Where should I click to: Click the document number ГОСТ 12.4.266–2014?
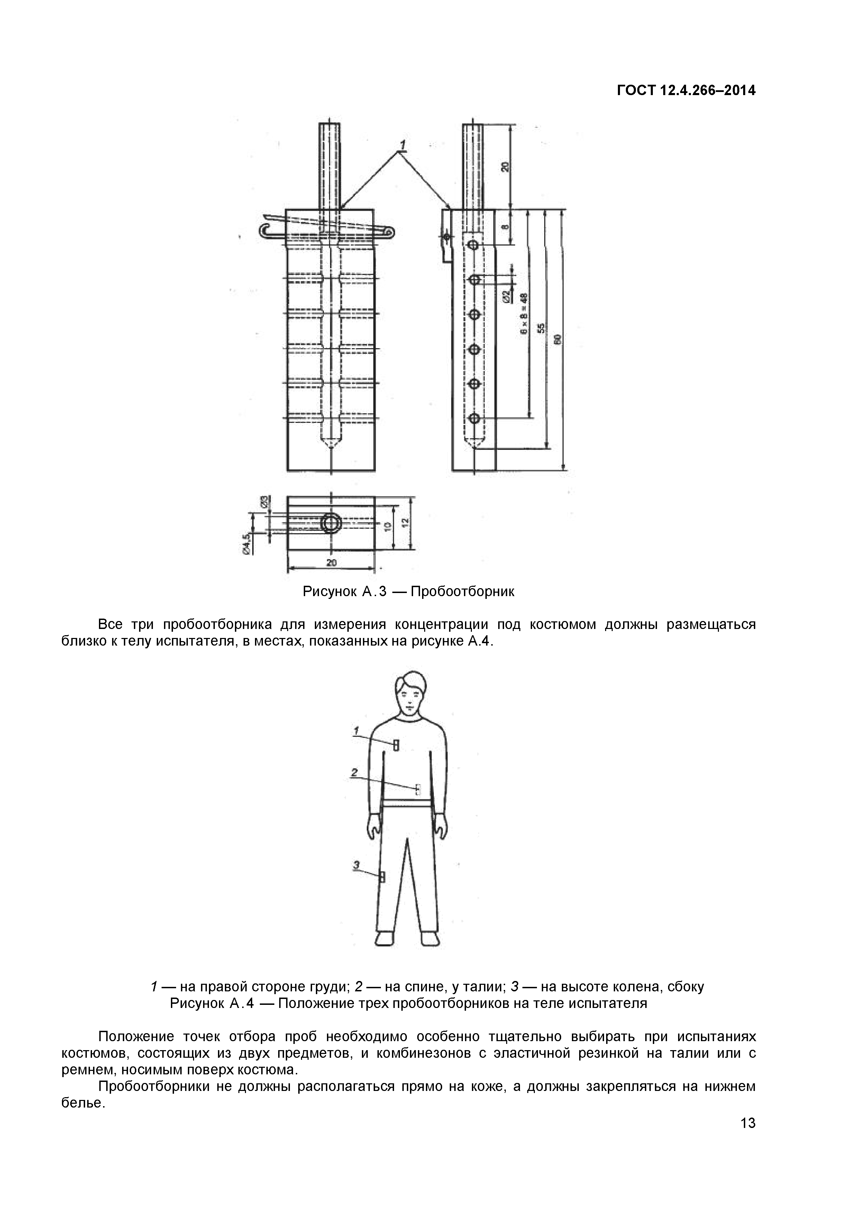(x=686, y=91)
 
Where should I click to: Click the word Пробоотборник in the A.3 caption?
(x=462, y=591)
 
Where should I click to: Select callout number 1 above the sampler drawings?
(x=402, y=144)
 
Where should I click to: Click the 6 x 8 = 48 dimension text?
(x=523, y=314)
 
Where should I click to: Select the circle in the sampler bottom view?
(x=331, y=524)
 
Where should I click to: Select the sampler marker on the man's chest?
(x=396, y=745)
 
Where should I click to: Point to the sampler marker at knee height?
(x=382, y=878)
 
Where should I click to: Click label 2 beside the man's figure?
(x=355, y=773)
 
